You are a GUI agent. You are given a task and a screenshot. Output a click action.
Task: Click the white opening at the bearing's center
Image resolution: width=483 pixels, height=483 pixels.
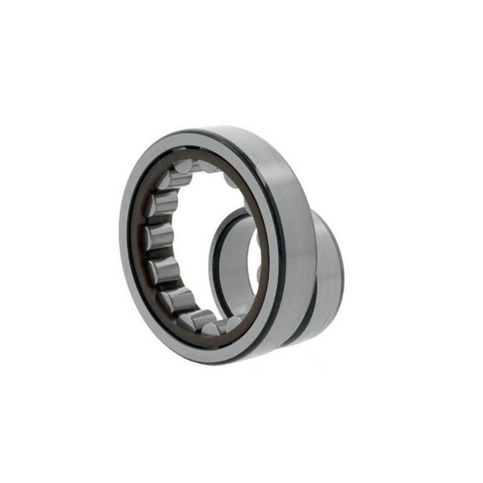point(207,228)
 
